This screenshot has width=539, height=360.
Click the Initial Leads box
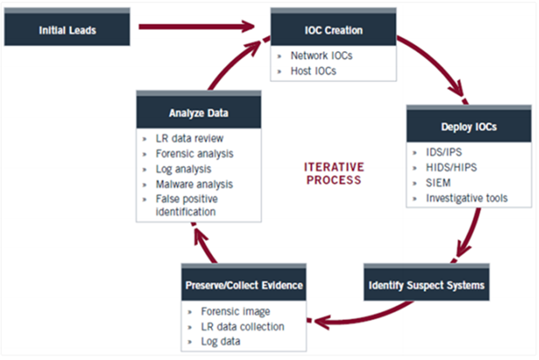tap(68, 30)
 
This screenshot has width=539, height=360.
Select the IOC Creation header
tap(332, 30)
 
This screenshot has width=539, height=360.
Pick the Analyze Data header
tap(199, 112)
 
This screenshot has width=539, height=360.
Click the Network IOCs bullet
tap(321, 56)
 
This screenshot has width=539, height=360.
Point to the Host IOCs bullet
tap(314, 70)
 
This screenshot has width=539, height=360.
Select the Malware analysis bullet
tap(194, 183)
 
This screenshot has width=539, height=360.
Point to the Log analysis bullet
tap(186, 169)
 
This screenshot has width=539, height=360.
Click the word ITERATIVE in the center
tap(332, 166)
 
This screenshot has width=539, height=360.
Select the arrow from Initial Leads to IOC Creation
tap(193, 30)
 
